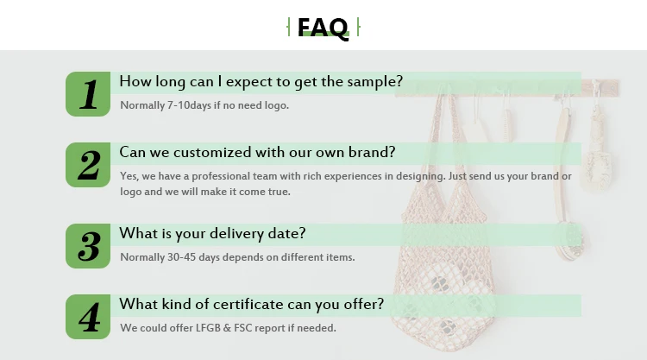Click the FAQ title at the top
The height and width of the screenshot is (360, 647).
[x=323, y=28]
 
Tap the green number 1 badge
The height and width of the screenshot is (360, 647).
[x=88, y=94]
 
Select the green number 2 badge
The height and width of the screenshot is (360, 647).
[x=88, y=165]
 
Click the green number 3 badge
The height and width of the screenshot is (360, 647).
[x=88, y=246]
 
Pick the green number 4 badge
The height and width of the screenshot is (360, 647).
[x=88, y=317]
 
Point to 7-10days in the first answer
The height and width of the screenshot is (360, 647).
[x=189, y=105]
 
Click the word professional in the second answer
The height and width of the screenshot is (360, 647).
[x=221, y=176]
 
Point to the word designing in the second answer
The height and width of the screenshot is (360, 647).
[x=420, y=177]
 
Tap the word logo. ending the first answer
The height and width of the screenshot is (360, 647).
[x=276, y=105]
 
